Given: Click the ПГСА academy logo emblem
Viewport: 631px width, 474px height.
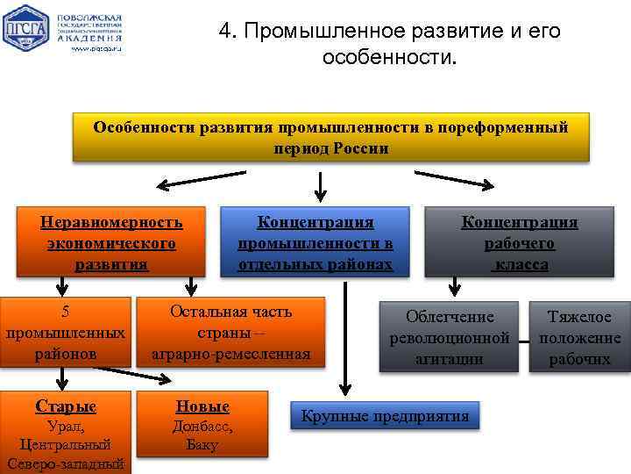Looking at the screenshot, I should click(26, 30).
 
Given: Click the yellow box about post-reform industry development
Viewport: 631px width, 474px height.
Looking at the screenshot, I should click(330, 138).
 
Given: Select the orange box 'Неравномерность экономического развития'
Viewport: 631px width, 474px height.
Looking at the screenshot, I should click(111, 242).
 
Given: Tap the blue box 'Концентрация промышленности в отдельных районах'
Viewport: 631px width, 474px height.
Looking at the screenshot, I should click(315, 242).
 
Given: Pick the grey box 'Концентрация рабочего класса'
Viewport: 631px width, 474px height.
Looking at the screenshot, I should click(520, 242).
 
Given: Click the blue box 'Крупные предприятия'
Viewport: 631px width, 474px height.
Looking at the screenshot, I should click(385, 416).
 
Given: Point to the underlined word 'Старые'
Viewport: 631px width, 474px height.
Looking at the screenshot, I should click(66, 406).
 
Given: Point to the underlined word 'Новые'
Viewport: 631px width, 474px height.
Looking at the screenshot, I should click(202, 406).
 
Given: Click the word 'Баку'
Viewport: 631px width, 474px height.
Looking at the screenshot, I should click(202, 444).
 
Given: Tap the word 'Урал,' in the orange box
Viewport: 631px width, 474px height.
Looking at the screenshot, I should click(66, 427).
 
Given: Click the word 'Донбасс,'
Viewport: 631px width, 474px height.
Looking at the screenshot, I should click(202, 426).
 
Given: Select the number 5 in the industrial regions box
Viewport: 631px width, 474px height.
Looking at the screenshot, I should click(65, 312).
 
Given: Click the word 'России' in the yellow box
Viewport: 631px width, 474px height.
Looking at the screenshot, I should click(360, 148).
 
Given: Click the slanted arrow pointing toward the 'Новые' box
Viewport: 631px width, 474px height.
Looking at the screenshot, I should click(140, 375).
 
